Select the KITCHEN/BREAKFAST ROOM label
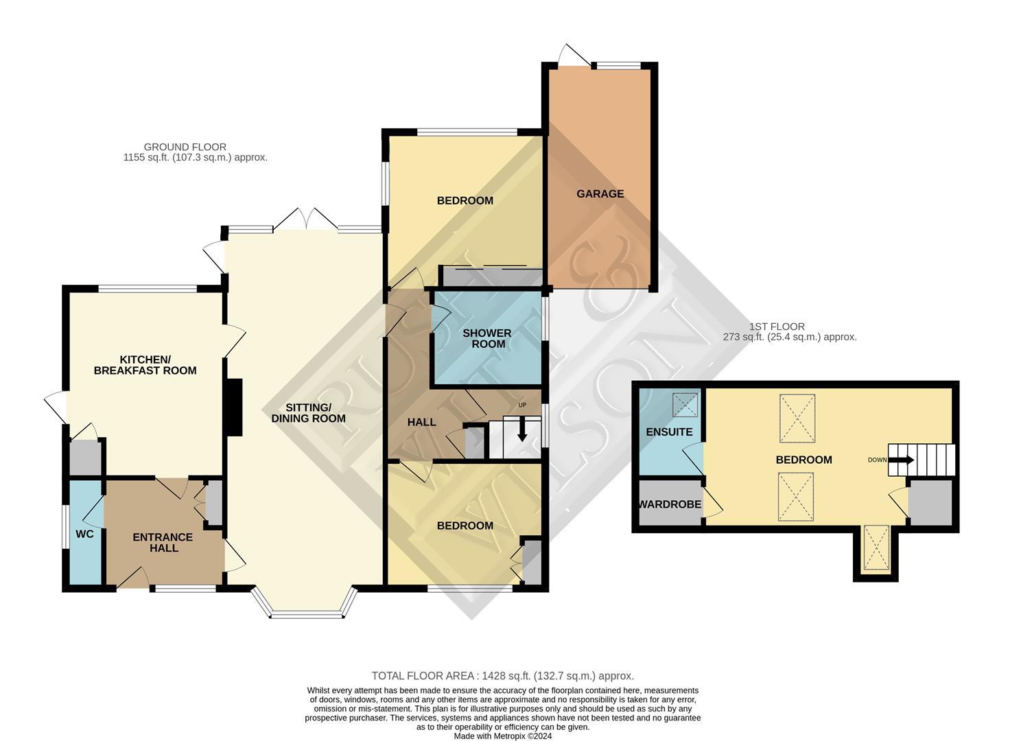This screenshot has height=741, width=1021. pyautogui.click(x=145, y=365)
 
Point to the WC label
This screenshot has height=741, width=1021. pyautogui.click(x=85, y=534)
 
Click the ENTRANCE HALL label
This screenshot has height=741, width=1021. pyautogui.click(x=163, y=542)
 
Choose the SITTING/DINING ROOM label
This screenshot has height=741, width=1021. pyautogui.click(x=308, y=413)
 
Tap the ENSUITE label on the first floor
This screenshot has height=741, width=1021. pyautogui.click(x=669, y=432)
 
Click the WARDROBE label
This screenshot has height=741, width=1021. pyautogui.click(x=669, y=504)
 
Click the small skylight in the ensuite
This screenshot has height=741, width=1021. pyautogui.click(x=685, y=405)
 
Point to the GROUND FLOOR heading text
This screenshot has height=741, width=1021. pyautogui.click(x=185, y=148)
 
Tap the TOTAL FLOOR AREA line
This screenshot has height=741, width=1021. pyautogui.click(x=503, y=675)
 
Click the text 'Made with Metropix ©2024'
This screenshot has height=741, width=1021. pyautogui.click(x=503, y=736)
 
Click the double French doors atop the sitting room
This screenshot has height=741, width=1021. pyautogui.click(x=306, y=220)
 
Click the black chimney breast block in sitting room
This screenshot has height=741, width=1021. pyautogui.click(x=234, y=408)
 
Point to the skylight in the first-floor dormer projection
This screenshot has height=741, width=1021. pyautogui.click(x=876, y=548)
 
